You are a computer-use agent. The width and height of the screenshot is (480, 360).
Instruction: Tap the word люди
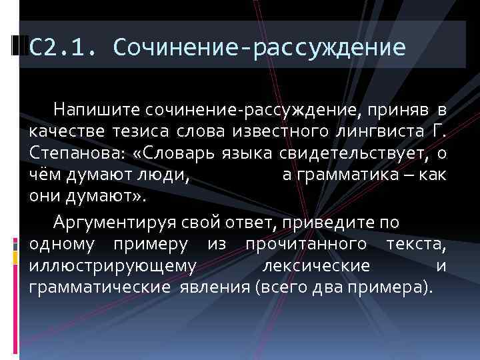pyautogui.click(x=168, y=177)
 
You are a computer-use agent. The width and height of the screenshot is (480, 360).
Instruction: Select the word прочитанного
pyautogui.click(x=306, y=244)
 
